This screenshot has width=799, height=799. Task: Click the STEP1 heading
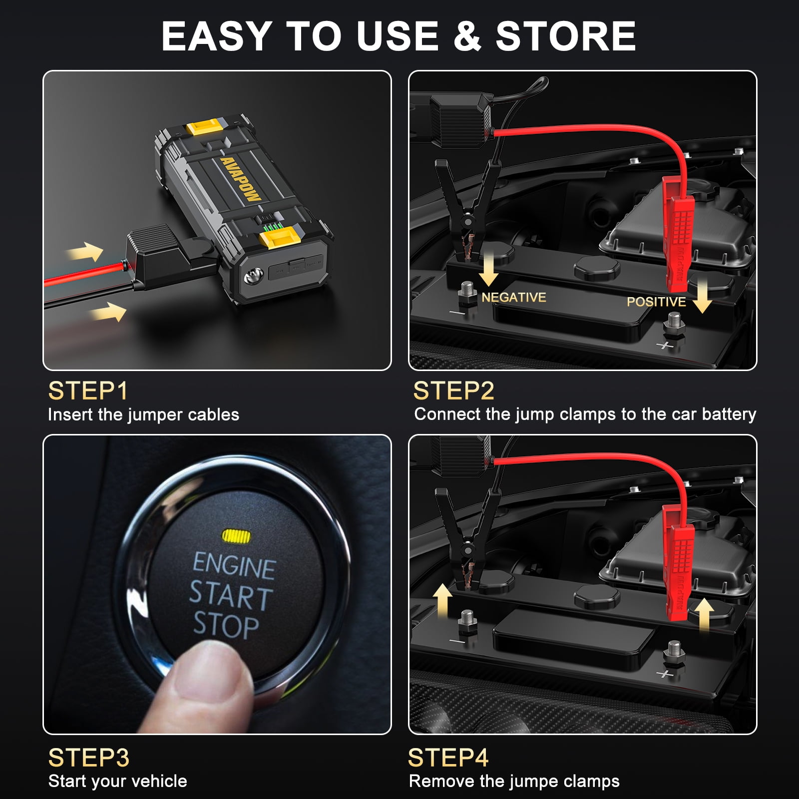[88, 391]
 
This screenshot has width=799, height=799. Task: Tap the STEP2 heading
[453, 391]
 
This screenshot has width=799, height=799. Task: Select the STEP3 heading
[89, 758]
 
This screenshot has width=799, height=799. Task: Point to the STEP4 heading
[448, 758]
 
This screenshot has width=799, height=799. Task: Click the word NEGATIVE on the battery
[513, 298]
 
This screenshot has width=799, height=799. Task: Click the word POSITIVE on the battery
[656, 302]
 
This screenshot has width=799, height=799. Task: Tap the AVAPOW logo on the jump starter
[241, 178]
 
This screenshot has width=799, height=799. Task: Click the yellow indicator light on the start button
[236, 537]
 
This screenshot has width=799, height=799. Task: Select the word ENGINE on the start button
[234, 566]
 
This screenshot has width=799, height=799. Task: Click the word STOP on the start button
[226, 626]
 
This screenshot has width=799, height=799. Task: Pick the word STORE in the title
[566, 36]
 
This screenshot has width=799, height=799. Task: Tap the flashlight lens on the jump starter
[254, 276]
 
